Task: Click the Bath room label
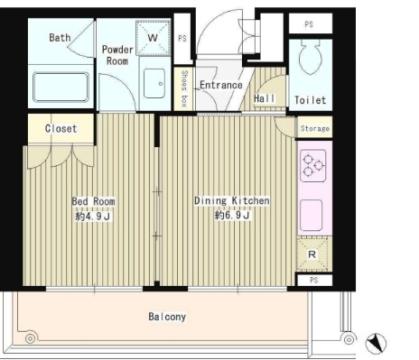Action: coord(60,38)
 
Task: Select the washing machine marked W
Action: coord(153,38)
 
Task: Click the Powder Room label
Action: coord(117,55)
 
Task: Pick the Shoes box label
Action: coord(184,88)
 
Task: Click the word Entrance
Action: coord(221,85)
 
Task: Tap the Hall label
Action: coord(265,98)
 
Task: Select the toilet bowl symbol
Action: coord(311,58)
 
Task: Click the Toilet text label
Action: coord(310,100)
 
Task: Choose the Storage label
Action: coord(315,129)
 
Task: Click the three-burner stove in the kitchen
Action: coord(313,166)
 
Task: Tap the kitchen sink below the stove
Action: coord(312,216)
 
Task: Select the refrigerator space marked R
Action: coord(312,254)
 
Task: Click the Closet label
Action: coord(61,129)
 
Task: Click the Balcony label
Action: coord(167,317)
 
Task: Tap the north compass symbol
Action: coord(376,343)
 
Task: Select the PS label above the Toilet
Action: coord(309,24)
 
